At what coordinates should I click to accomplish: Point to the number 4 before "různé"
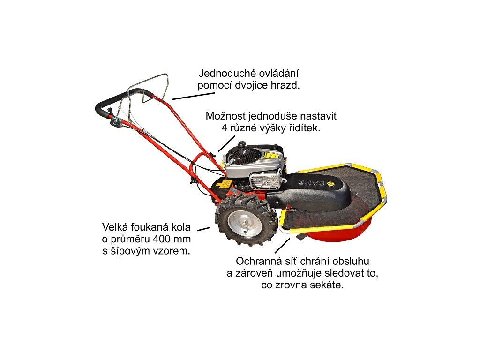pos(223,127)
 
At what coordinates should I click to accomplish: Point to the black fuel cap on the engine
pos(241,145)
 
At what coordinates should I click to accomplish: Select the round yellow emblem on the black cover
pos(333,184)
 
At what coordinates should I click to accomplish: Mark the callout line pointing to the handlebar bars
pos(193,95)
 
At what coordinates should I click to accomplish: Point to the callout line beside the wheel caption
pos(203,229)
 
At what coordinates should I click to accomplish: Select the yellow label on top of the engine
pos(270,155)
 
